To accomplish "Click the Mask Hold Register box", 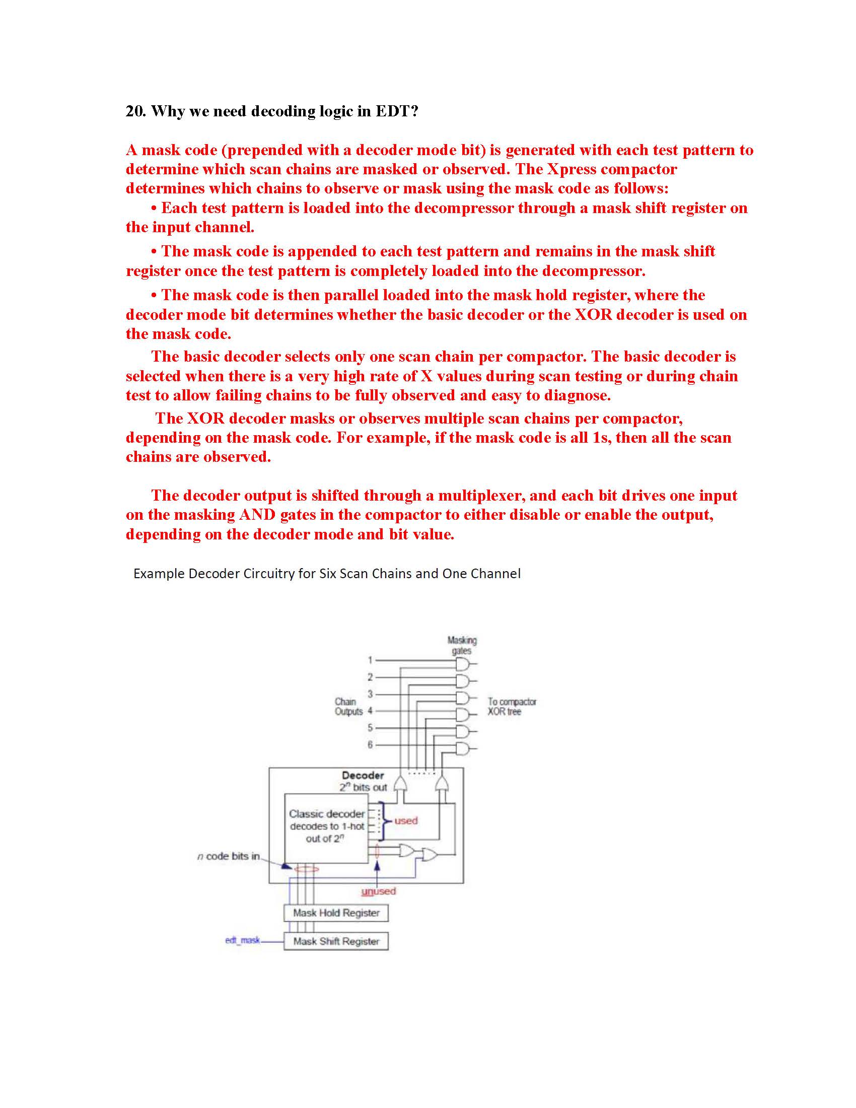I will pyautogui.click(x=336, y=913).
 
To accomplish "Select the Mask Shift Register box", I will pyautogui.click(x=336, y=941).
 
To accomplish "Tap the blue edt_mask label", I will pyautogui.click(x=242, y=940).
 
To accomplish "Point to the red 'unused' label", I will pyautogui.click(x=378, y=891).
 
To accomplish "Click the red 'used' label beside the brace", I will pyautogui.click(x=406, y=820).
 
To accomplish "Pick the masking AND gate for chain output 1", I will pyautogui.click(x=463, y=663).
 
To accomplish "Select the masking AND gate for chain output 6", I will pyautogui.click(x=463, y=748).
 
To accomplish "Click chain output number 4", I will pyautogui.click(x=370, y=711).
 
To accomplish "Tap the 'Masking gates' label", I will pyautogui.click(x=461, y=645).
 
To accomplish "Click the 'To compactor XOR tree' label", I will pyautogui.click(x=512, y=706).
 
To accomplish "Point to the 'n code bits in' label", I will pyautogui.click(x=228, y=856).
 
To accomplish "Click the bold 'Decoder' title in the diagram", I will pyautogui.click(x=363, y=775).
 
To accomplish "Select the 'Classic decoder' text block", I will pyautogui.click(x=327, y=826).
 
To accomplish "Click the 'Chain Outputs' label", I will pyautogui.click(x=348, y=706).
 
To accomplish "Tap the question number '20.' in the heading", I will pyautogui.click(x=136, y=111).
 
